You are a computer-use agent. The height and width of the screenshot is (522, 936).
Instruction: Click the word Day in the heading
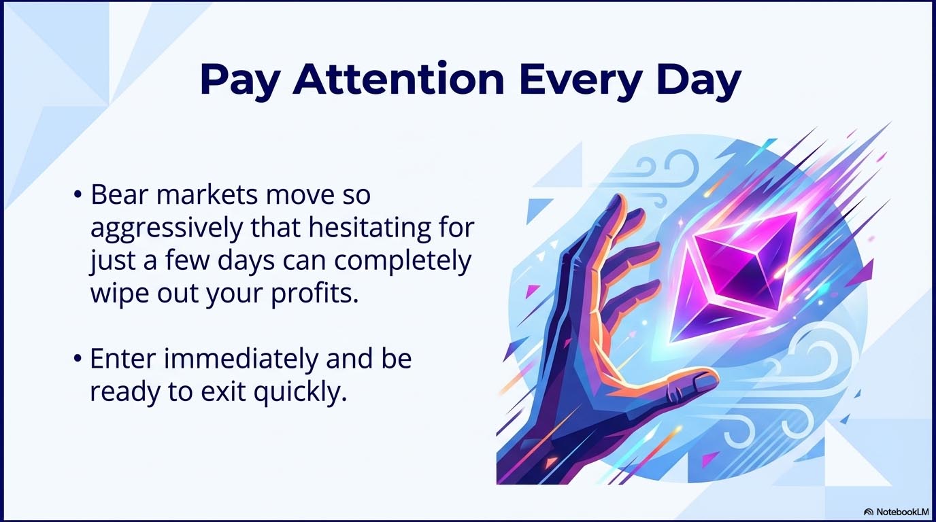point(698,81)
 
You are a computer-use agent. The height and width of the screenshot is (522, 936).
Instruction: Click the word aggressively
point(165,229)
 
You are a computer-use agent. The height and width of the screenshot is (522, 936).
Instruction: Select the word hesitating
point(362,228)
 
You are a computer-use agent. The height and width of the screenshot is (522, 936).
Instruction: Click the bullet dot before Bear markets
point(79,196)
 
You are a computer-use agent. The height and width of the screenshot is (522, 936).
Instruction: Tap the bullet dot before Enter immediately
point(79,360)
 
